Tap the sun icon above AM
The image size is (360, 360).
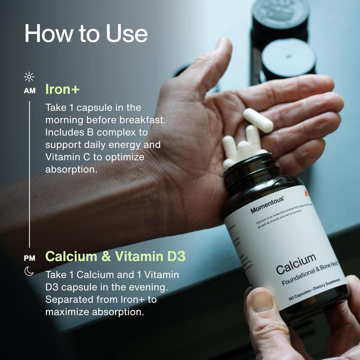click(29, 77)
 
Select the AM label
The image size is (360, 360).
click(30, 91)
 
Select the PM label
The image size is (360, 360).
click(30, 258)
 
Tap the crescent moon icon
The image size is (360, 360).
click(29, 271)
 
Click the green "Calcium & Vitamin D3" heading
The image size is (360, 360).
click(115, 257)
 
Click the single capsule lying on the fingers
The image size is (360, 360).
click(258, 120)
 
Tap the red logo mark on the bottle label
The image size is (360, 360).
click(306, 194)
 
